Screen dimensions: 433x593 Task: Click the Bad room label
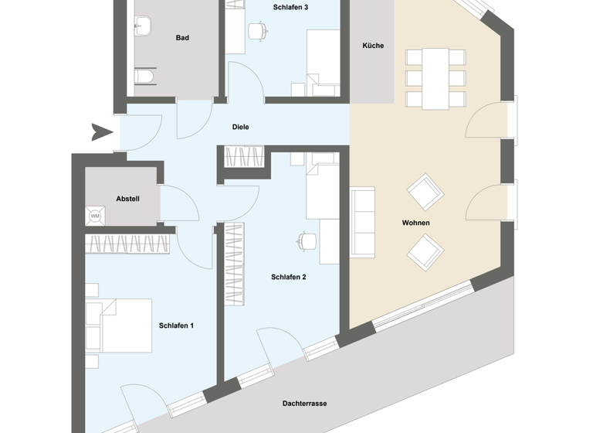click(182, 38)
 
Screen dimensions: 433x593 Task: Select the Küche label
click(373, 46)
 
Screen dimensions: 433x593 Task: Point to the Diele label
click(241, 127)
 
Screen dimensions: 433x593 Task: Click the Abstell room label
click(127, 199)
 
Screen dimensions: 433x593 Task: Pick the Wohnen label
click(415, 223)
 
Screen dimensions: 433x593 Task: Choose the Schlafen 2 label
click(289, 277)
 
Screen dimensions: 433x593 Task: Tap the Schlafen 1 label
click(176, 326)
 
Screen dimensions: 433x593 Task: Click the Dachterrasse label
click(305, 404)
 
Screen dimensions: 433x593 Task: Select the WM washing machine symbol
click(96, 216)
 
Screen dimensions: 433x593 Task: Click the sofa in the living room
click(362, 220)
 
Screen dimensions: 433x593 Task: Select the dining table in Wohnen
click(435, 78)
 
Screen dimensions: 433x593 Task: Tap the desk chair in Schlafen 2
click(307, 240)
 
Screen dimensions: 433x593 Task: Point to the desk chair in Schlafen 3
click(257, 30)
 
